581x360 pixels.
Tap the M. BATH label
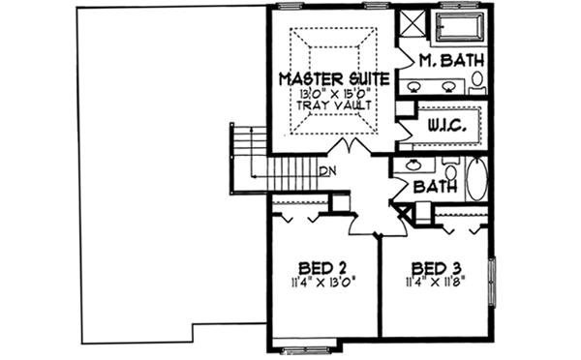pyautogui.click(x=450, y=61)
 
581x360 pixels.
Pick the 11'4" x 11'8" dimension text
pyautogui.click(x=436, y=284)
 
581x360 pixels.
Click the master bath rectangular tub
pyautogui.click(x=461, y=27)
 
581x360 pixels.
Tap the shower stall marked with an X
pyautogui.click(x=411, y=24)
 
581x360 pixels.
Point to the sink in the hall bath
pyautogui.click(x=414, y=164)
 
